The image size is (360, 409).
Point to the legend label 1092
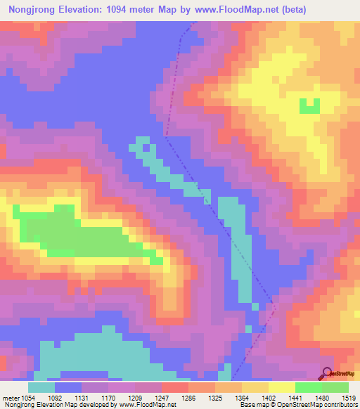tap(69, 398)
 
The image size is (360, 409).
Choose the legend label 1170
tap(122, 398)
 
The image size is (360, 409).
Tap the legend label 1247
tap(176, 398)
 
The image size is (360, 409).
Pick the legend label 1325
tap(230, 398)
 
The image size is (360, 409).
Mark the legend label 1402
tap(283, 398)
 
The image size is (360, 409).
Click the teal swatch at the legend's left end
tap(41, 387)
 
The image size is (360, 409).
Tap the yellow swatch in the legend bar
tap(282, 387)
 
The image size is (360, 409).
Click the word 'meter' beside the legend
tap(11, 398)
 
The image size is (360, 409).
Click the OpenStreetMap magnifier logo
tap(327, 373)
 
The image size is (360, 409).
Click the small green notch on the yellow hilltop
tap(309, 106)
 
